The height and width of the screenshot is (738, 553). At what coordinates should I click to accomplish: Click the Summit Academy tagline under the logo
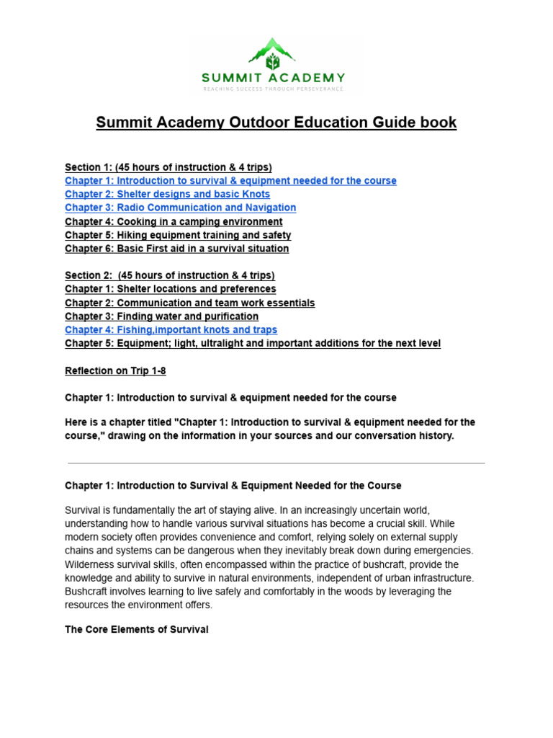pos(275,89)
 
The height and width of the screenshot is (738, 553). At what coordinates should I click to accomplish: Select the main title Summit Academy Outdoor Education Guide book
pos(276,123)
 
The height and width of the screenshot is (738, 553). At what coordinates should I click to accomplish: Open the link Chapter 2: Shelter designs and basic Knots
pos(167,195)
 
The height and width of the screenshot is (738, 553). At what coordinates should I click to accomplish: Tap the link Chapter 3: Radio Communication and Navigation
pos(180,208)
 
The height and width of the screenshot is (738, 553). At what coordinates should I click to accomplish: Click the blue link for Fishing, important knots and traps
pos(171,330)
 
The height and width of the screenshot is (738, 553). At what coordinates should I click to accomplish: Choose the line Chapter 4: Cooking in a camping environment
pos(174,222)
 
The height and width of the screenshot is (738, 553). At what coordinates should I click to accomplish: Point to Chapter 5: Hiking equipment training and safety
pos(178,236)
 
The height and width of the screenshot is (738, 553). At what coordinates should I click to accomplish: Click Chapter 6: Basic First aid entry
pos(176,249)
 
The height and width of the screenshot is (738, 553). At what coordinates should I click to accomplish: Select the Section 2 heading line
pos(169,276)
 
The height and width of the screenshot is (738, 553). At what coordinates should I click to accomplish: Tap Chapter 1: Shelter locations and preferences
pos(170,290)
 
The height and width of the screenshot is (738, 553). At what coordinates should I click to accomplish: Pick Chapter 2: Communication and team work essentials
pos(189,303)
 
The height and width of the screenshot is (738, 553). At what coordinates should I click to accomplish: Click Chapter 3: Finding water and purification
pos(161,317)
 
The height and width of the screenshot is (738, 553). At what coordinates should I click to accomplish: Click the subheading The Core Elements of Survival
pos(137,630)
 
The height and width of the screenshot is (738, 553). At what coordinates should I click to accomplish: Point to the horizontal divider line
pos(276,463)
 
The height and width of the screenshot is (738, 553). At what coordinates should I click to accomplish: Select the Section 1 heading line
pos(168,168)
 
